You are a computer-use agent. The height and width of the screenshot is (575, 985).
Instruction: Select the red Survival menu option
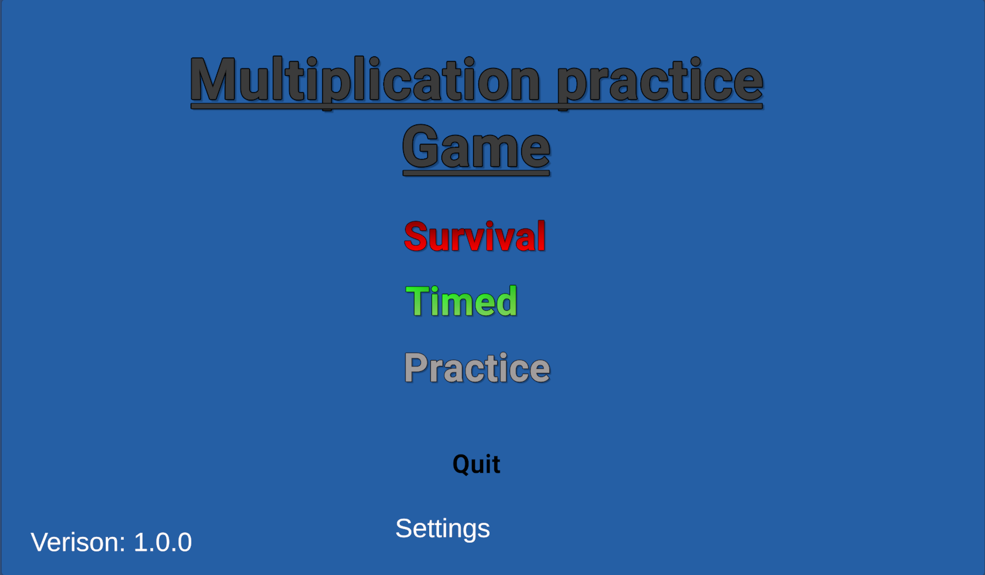click(475, 237)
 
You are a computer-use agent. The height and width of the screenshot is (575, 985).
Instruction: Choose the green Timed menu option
click(461, 301)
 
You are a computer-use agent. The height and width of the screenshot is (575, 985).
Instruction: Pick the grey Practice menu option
click(477, 367)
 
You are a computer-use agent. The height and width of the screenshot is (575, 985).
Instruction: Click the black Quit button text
click(476, 465)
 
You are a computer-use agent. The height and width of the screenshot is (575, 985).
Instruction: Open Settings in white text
click(443, 529)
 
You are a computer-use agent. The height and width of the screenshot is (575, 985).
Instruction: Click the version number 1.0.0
click(163, 542)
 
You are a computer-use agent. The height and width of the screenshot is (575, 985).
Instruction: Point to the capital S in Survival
click(416, 237)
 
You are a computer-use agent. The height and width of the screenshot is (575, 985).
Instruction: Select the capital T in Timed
click(418, 301)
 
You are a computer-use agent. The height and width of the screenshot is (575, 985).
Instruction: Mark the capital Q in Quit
click(463, 465)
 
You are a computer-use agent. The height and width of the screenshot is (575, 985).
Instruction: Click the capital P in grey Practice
click(416, 367)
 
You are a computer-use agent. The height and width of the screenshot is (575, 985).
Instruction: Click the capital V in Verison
click(40, 542)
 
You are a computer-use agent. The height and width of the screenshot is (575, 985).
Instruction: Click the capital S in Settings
click(404, 528)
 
